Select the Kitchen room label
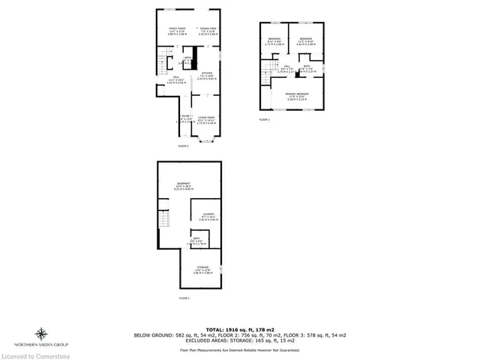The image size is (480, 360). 206,75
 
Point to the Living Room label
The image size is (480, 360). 206,119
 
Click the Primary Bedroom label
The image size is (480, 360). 298,95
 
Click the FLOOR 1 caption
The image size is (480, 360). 184,298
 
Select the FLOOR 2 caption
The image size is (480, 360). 183,145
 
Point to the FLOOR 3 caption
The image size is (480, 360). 264,119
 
